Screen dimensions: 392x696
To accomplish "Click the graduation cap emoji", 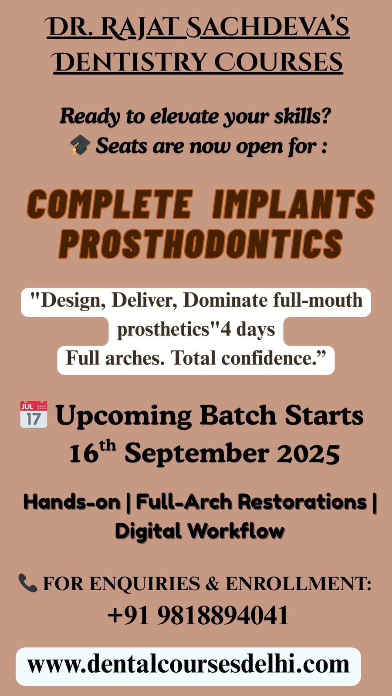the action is coord(80,145).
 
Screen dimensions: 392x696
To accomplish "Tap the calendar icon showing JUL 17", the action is coord(34,415).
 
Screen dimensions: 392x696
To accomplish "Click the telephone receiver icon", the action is coord(28,583).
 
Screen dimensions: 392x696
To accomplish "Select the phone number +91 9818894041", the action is coord(198,615).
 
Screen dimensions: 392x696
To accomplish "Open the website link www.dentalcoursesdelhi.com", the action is coord(188,665).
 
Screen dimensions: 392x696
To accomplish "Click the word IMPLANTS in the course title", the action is coord(294,204).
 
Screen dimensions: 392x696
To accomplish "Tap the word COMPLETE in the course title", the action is coord(109,204).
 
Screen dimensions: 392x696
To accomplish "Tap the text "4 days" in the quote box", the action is coord(248,329).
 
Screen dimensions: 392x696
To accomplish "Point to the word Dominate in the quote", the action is coord(225,301).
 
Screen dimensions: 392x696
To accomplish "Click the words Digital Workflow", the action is coord(200,531).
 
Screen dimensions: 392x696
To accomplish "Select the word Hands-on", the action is coord(72,502).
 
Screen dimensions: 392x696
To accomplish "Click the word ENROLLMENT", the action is coord(298,583).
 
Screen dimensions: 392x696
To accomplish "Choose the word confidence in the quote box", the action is coord(270,358).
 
